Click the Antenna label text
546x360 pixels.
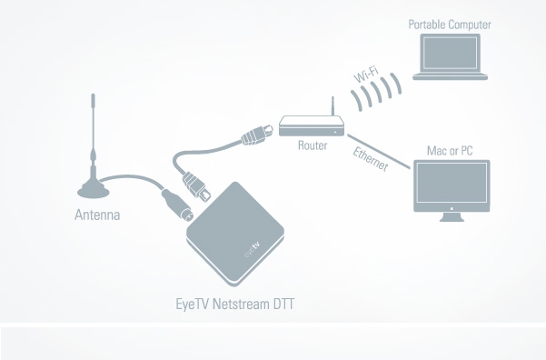pyautogui.click(x=97, y=215)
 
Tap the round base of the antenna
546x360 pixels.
pyautogui.click(x=93, y=191)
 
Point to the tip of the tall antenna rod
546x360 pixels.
pyautogui.click(x=93, y=95)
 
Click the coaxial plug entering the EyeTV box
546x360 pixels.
pyautogui.click(x=177, y=205)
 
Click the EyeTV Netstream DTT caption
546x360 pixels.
pyautogui.click(x=234, y=304)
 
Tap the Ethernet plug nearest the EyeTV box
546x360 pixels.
pyautogui.click(x=197, y=186)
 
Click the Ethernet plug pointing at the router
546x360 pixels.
pyautogui.click(x=258, y=135)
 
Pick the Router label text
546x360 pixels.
pyautogui.click(x=313, y=145)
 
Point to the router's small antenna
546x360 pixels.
pyautogui.click(x=333, y=106)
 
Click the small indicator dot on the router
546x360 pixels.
pyautogui.click(x=335, y=133)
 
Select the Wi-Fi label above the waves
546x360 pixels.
pyautogui.click(x=366, y=75)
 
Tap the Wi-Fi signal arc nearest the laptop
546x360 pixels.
pyautogui.click(x=396, y=84)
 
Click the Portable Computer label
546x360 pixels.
pyautogui.click(x=450, y=25)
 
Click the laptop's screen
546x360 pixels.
pyautogui.click(x=450, y=53)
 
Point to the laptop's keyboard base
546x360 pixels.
pyautogui.click(x=450, y=76)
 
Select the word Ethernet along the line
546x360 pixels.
pyautogui.click(x=370, y=159)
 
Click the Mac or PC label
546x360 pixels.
pyautogui.click(x=450, y=151)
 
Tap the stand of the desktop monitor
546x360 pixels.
pyautogui.click(x=452, y=216)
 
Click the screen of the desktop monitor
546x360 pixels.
pyautogui.click(x=452, y=183)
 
